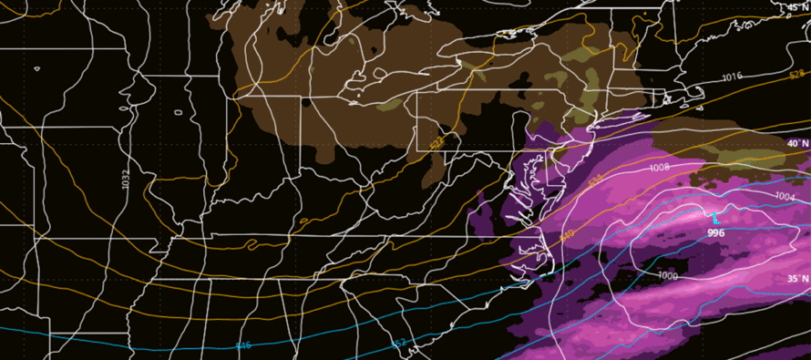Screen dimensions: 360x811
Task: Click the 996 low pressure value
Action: click(715, 233)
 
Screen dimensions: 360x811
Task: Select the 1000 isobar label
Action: click(668, 275)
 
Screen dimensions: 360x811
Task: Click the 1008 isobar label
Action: click(660, 169)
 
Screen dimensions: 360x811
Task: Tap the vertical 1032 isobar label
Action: click(125, 179)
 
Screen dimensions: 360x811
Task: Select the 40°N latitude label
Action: click(797, 144)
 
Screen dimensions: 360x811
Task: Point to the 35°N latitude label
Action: click(797, 279)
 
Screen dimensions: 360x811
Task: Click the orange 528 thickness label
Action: click(796, 74)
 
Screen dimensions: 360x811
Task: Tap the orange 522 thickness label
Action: click(438, 143)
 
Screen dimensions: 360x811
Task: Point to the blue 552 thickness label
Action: click(398, 344)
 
